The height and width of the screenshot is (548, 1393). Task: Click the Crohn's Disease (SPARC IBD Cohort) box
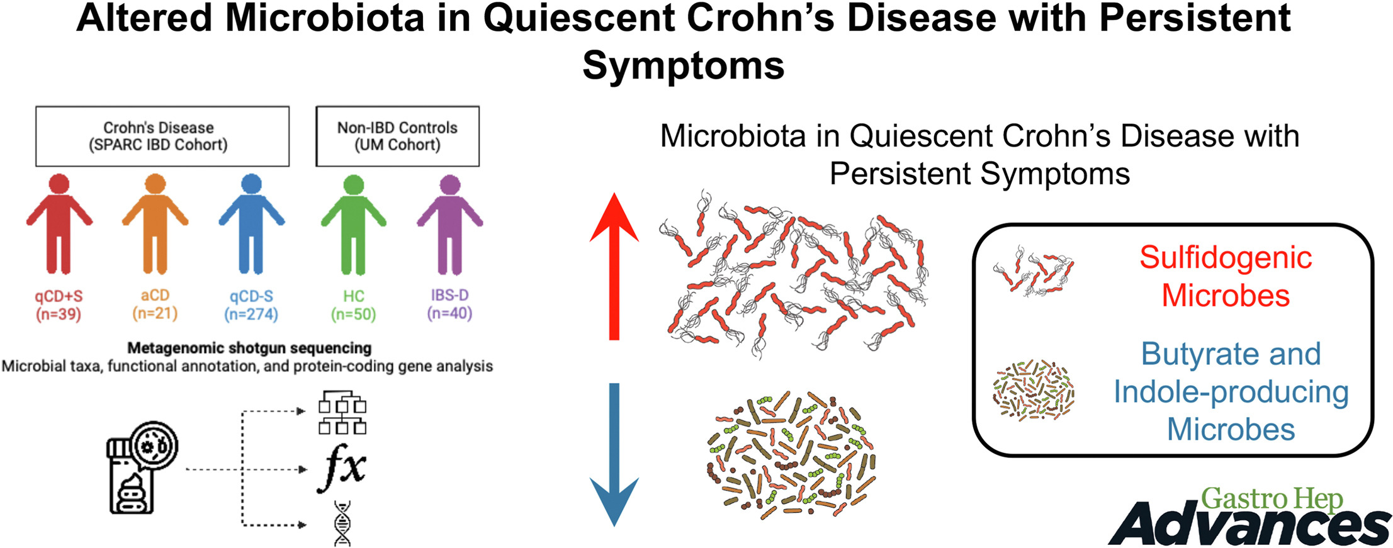(x=162, y=137)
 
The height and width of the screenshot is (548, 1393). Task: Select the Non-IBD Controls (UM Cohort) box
(x=397, y=137)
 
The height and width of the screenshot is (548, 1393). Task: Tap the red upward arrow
(x=614, y=266)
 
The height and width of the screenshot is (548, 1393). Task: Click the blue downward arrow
(x=614, y=454)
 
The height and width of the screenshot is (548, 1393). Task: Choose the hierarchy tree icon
(x=342, y=412)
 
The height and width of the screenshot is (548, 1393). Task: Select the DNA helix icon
(x=342, y=523)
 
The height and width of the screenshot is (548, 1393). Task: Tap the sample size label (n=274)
(x=251, y=314)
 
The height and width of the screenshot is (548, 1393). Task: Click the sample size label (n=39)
(x=59, y=314)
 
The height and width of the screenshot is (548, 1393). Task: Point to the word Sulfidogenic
(x=1226, y=258)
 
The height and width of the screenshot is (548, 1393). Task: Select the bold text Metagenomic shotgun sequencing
(x=249, y=348)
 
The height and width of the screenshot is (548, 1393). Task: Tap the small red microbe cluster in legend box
(x=1034, y=271)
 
